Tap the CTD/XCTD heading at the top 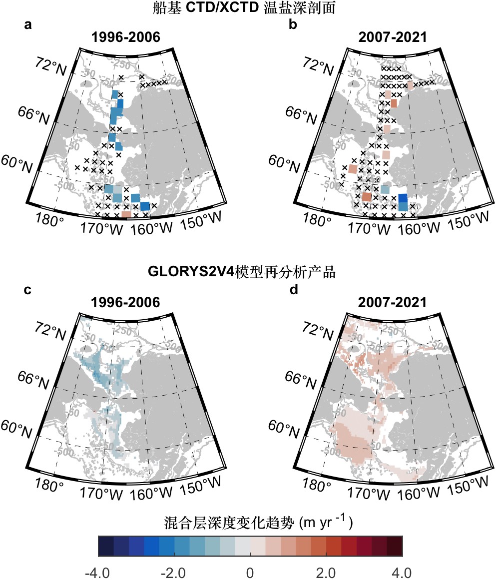click(x=248, y=8)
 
